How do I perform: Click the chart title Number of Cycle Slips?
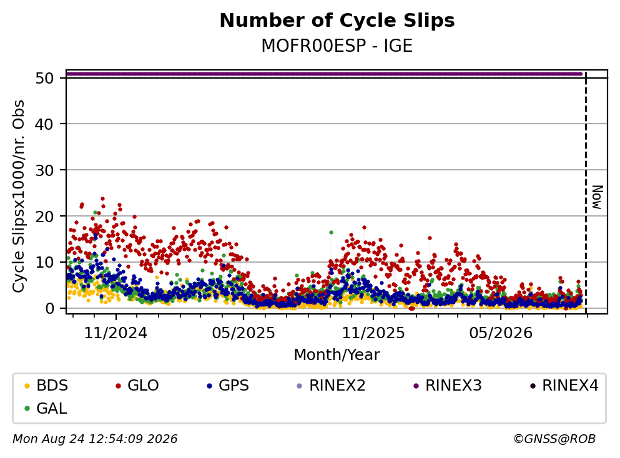click(337, 21)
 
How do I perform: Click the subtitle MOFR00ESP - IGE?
click(337, 46)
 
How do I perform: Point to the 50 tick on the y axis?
click(44, 78)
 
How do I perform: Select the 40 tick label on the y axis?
click(44, 124)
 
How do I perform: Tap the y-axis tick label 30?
click(44, 170)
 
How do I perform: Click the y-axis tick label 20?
click(44, 217)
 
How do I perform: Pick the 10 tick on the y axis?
click(44, 263)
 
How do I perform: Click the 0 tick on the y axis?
click(49, 309)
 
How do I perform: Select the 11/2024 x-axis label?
click(116, 333)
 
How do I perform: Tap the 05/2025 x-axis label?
click(243, 333)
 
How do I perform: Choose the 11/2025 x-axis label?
click(373, 333)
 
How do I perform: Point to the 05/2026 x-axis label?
click(501, 333)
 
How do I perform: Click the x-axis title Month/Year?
click(337, 355)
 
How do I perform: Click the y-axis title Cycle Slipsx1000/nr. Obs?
click(19, 197)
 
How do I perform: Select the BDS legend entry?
click(46, 385)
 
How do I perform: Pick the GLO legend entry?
click(137, 385)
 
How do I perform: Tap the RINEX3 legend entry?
click(448, 385)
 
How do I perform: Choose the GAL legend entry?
click(46, 408)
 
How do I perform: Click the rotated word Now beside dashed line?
click(597, 197)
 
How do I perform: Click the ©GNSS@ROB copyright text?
click(554, 439)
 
